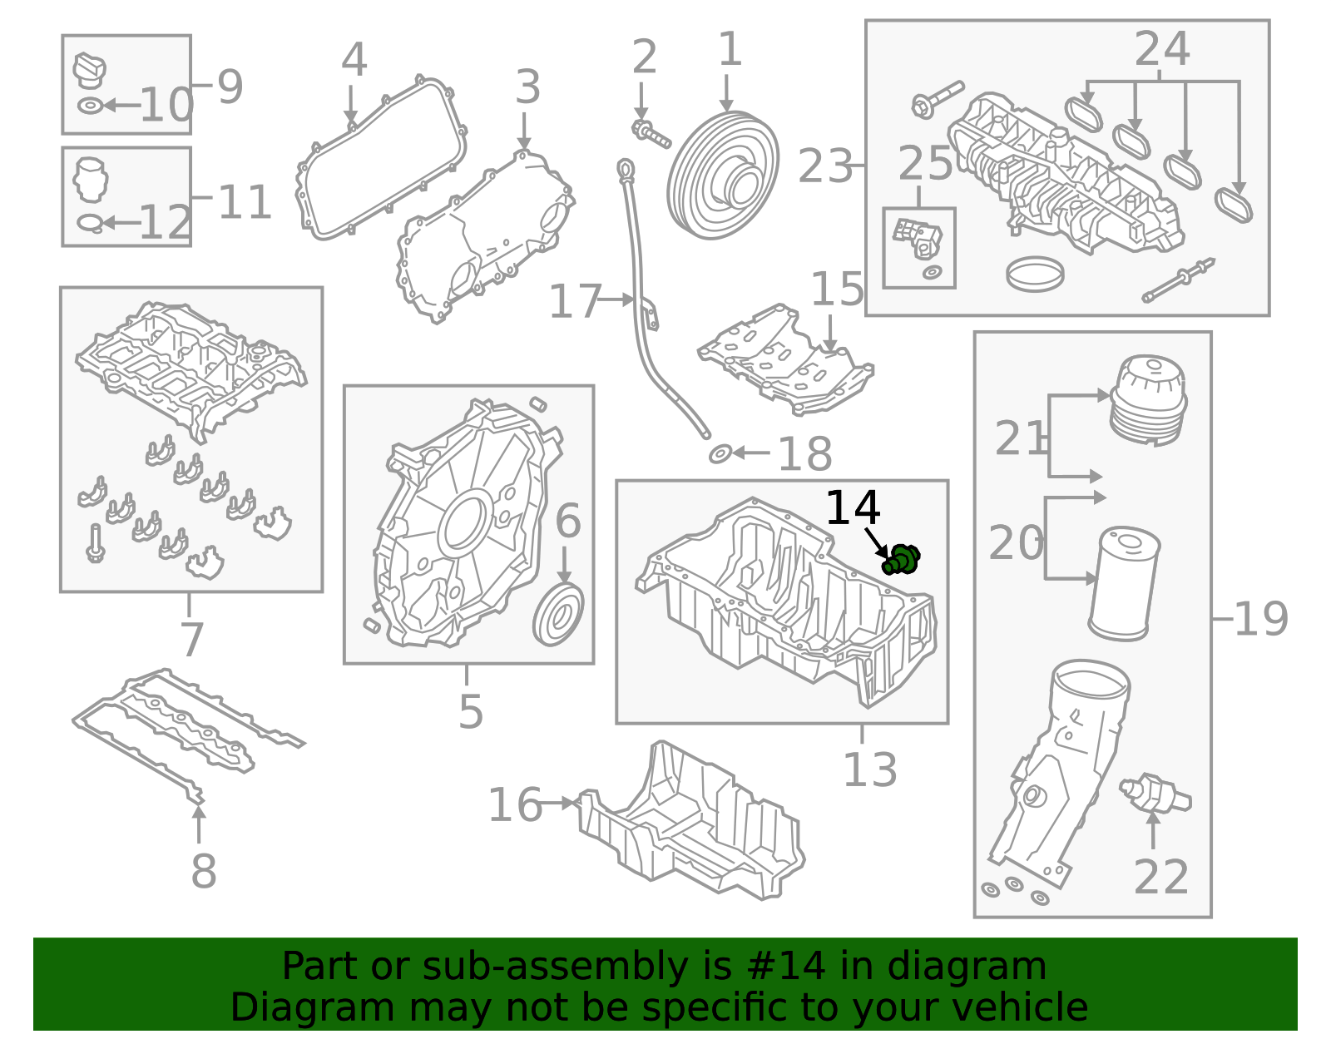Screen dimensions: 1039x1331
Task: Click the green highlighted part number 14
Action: click(x=901, y=559)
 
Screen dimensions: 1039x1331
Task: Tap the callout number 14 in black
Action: click(x=853, y=508)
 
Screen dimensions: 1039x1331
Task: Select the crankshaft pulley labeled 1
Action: click(x=723, y=176)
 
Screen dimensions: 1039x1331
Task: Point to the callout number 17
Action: click(x=575, y=301)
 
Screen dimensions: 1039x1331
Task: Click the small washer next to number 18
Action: click(x=720, y=453)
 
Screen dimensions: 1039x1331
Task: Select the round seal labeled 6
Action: click(x=558, y=615)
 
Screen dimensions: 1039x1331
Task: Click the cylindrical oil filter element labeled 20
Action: click(x=1123, y=583)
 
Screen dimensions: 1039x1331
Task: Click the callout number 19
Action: click(x=1260, y=619)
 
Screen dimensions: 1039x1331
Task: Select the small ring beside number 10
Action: click(x=90, y=106)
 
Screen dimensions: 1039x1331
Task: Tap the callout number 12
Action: click(x=165, y=223)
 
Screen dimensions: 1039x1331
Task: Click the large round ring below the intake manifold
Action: click(x=1034, y=274)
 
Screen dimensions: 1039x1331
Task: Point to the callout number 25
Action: click(x=925, y=164)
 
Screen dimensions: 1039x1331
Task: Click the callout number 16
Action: click(x=515, y=804)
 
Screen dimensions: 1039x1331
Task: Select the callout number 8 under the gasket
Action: click(x=203, y=871)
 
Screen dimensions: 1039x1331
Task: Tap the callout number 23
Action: click(x=825, y=166)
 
